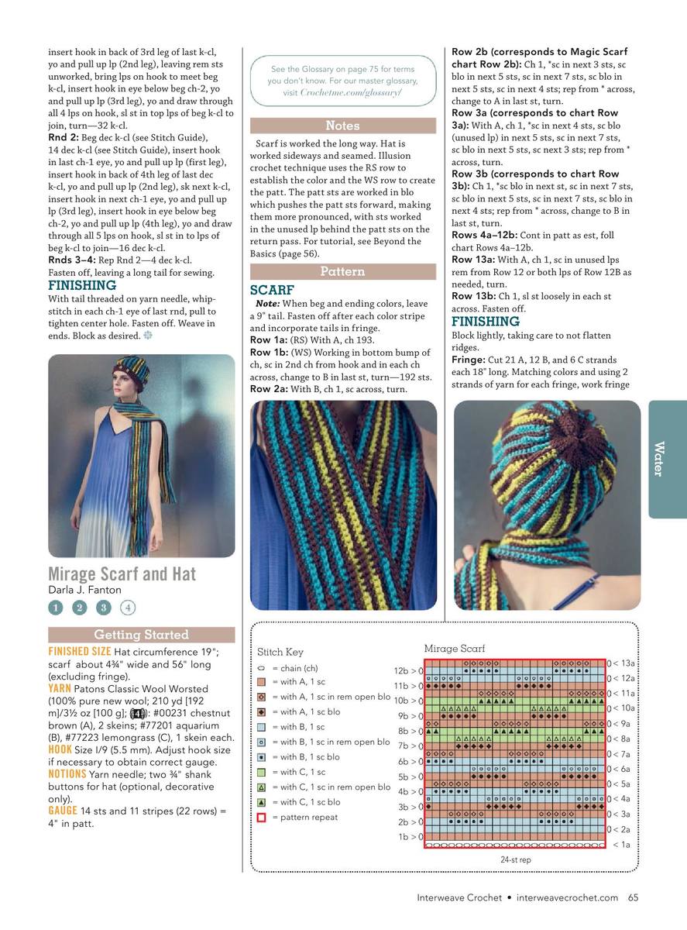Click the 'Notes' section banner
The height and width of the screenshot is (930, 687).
tap(342, 126)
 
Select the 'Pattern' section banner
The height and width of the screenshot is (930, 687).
tap(342, 271)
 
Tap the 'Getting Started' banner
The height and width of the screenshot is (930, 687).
tap(141, 635)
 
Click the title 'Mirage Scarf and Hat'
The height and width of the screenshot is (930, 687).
tap(122, 574)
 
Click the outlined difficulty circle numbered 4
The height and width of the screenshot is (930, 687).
tap(128, 608)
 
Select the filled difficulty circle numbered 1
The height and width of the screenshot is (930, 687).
tap(55, 608)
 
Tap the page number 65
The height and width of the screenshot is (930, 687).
tap(633, 898)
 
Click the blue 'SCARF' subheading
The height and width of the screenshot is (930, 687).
tap(271, 290)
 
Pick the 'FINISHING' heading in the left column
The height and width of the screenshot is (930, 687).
tap(82, 285)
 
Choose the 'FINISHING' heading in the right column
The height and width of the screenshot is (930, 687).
tap(486, 322)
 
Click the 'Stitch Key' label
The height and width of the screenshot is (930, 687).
tap(280, 653)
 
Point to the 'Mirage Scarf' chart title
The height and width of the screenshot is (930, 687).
tap(454, 648)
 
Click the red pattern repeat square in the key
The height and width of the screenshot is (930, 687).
tap(262, 818)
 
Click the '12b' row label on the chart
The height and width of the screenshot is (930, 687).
tap(404, 670)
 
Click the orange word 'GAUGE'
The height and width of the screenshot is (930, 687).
tap(62, 811)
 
